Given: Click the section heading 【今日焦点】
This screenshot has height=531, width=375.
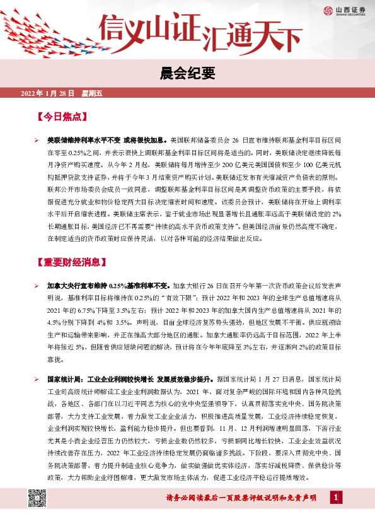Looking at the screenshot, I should click(x=62, y=117).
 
